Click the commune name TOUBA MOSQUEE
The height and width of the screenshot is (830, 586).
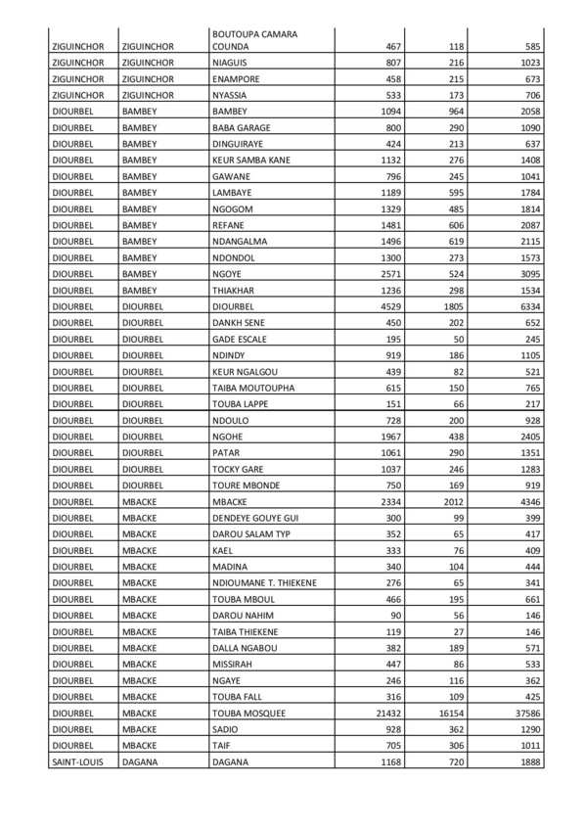pos(248,714)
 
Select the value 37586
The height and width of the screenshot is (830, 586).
pos(524,714)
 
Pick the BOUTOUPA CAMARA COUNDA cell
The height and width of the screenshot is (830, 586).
pos(254,40)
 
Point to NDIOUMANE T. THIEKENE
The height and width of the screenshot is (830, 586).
pos(264,583)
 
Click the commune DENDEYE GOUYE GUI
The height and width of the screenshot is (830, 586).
pos(256,518)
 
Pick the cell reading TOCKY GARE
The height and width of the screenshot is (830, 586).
pos(238,470)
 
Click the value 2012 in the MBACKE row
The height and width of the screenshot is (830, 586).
pos(449,502)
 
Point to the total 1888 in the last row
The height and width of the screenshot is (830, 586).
pos(527,762)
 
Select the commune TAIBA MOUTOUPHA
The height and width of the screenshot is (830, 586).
pos(253,388)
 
